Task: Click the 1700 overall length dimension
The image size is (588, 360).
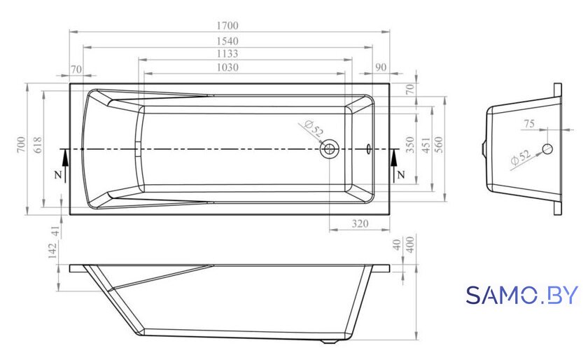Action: point(227,25)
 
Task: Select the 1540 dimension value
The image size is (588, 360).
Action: point(227,41)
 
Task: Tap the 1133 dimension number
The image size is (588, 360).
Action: point(227,54)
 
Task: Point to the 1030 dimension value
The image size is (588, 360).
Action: point(227,67)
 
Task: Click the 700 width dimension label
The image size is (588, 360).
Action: point(22,144)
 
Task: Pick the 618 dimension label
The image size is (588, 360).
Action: point(38,145)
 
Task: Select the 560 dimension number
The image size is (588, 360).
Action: point(438,144)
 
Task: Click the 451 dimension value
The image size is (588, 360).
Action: point(426,145)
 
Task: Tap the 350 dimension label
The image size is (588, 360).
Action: point(410,144)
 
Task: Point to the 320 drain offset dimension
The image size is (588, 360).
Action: point(360,223)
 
